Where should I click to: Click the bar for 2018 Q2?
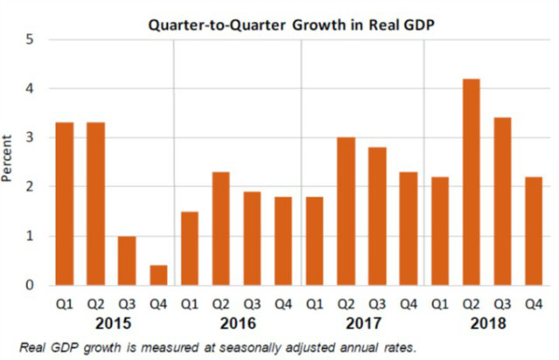(x=471, y=182)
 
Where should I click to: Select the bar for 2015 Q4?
(x=158, y=275)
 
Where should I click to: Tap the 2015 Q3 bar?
(x=127, y=260)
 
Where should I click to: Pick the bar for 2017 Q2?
(x=346, y=211)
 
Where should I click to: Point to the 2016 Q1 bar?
(x=190, y=249)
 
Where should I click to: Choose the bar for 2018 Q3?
(x=502, y=202)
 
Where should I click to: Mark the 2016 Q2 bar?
(x=221, y=229)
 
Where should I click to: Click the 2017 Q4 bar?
(x=409, y=229)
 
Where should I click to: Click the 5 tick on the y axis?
(x=30, y=39)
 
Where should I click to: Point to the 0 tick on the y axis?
(x=30, y=285)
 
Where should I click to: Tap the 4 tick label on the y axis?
(x=30, y=88)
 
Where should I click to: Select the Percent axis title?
(x=7, y=158)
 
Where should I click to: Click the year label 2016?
(x=238, y=323)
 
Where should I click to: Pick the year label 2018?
(x=488, y=323)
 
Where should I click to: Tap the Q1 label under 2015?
(x=65, y=304)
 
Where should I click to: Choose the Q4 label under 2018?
(x=534, y=304)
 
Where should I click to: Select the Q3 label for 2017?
(x=377, y=304)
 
